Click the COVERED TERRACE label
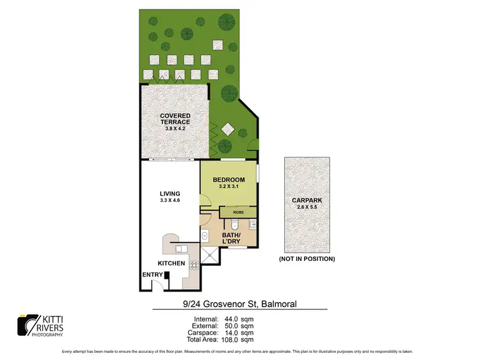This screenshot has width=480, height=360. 175,118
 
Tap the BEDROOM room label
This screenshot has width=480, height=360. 228,179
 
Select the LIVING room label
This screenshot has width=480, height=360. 170,194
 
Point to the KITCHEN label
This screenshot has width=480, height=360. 172,263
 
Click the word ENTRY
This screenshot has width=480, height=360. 152,276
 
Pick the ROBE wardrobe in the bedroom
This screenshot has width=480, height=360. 237,212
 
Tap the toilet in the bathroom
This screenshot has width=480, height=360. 235,224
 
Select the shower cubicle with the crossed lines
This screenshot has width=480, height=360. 209,254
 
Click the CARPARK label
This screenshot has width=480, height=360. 307,200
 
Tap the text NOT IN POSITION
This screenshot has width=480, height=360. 307,259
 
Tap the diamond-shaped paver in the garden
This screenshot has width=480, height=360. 227,130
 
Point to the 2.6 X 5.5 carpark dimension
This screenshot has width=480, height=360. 307,207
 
